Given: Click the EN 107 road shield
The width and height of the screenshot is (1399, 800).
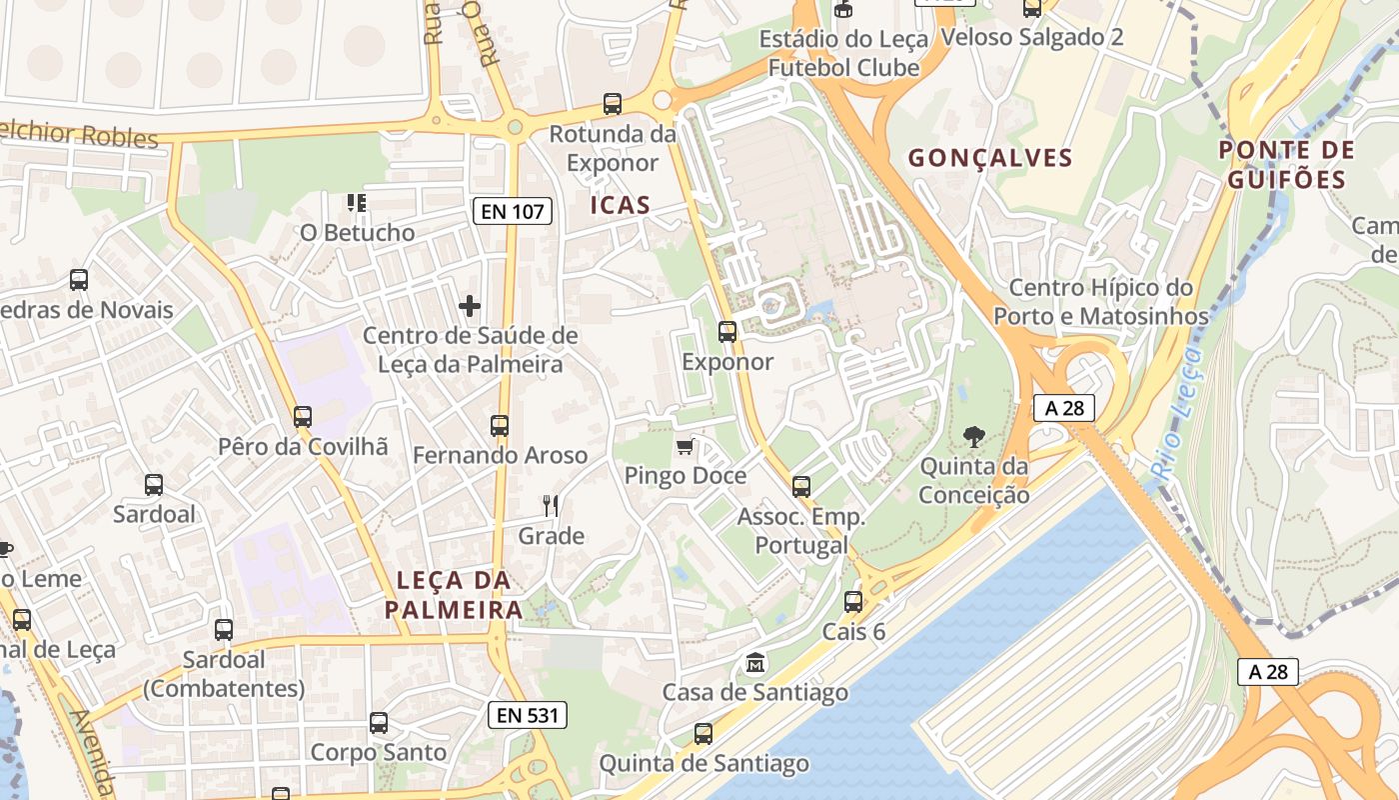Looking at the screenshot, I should click(x=513, y=211).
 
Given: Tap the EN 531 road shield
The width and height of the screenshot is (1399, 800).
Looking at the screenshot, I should click(x=528, y=715).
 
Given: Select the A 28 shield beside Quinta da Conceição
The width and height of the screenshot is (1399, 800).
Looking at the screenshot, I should click(x=1064, y=408).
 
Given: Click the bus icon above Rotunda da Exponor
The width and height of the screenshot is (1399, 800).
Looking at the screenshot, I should click(x=613, y=104).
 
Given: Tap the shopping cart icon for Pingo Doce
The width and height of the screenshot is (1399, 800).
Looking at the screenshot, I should click(x=685, y=446).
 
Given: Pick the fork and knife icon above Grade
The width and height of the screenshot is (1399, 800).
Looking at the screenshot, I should click(x=550, y=506).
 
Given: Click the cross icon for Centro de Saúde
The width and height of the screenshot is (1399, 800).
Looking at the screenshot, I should click(x=470, y=305).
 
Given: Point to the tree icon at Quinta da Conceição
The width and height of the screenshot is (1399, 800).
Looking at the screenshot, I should click(x=973, y=436).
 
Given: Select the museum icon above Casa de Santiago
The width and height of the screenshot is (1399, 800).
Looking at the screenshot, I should click(x=755, y=662).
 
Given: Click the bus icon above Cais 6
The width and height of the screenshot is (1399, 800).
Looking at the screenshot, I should click(x=853, y=602).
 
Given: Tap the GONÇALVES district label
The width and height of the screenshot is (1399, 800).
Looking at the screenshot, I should click(x=990, y=158).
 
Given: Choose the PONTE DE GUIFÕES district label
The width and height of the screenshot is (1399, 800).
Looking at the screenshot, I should click(x=1286, y=165).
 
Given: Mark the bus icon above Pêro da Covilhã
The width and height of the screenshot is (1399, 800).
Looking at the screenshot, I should click(x=303, y=417).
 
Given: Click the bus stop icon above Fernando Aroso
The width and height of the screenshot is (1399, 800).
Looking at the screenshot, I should click(x=500, y=426).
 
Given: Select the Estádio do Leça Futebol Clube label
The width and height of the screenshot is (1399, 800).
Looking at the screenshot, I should click(x=844, y=53).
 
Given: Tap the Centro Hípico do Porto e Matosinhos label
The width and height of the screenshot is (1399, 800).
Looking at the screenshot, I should click(x=1100, y=302).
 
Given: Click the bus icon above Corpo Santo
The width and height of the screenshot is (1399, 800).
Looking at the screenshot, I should click(x=379, y=723).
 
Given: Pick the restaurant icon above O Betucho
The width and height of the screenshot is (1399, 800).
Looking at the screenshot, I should click(x=357, y=204).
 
